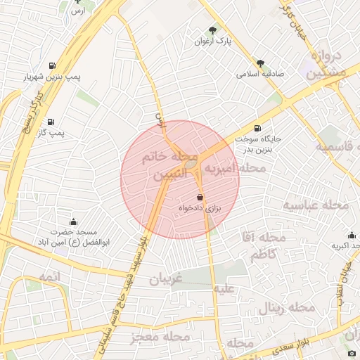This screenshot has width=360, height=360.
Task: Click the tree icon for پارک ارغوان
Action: tap(213, 30)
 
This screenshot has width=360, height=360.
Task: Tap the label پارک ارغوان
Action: tap(213, 42)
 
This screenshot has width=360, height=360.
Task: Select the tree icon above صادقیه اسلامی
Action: tap(260, 63)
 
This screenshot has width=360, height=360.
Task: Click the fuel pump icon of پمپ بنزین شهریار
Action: tap(53, 67)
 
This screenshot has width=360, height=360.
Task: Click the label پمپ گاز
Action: tap(51, 132)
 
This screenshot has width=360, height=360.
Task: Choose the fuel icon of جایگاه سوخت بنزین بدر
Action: tap(257, 128)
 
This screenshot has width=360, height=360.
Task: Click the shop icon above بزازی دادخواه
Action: tap(200, 198)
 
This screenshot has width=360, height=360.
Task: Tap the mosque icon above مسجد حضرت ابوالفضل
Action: tap(74, 223)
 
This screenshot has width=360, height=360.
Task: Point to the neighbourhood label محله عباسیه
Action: tap(316, 205)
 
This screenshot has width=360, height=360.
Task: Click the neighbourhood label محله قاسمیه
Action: tap(334, 146)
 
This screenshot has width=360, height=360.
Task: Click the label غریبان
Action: tap(165, 280)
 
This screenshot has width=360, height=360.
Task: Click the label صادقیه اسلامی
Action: tap(260, 73)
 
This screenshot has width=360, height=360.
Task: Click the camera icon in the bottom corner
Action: tap(352, 352)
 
